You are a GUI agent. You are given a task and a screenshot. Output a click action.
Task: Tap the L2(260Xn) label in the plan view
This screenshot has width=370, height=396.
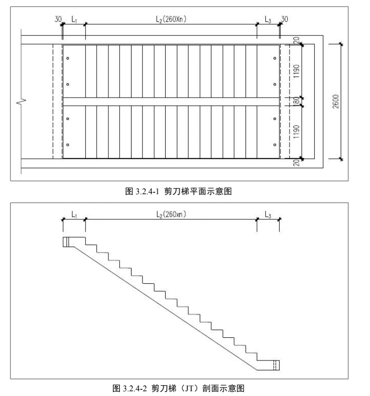171,19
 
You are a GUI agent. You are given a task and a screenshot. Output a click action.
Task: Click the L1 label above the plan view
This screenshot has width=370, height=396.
74,19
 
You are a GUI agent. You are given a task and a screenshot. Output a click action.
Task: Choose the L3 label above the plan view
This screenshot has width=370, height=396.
268,19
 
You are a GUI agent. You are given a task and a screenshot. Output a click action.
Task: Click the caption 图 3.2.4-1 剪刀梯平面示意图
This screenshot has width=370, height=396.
185,191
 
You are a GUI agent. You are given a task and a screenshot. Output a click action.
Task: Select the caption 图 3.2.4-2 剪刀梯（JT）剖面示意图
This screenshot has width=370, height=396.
185,388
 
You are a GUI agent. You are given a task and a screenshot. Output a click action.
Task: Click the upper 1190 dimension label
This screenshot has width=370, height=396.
295,71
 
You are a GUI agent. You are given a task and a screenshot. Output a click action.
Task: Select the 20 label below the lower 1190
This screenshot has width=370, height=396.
295,163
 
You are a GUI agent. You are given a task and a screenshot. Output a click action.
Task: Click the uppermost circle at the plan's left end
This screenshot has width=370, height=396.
68,58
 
